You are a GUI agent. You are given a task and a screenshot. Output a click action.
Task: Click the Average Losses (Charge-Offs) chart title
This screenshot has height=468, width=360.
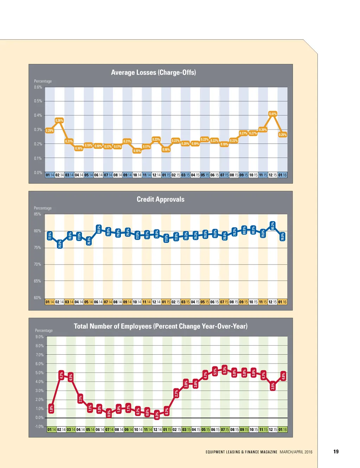(153, 72)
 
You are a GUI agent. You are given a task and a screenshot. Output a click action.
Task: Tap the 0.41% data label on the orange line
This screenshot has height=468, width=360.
(273, 114)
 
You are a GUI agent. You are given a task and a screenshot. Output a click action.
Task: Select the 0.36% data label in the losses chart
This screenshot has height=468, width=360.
(59, 120)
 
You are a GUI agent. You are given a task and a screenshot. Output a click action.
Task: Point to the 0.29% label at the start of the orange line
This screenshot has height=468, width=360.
(50, 131)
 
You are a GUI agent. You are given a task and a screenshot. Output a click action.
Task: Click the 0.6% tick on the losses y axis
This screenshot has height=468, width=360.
(38, 87)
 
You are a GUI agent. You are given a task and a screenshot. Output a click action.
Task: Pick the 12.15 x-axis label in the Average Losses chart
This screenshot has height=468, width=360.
(273, 175)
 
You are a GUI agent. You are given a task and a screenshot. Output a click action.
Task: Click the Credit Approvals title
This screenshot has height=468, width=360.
(160, 199)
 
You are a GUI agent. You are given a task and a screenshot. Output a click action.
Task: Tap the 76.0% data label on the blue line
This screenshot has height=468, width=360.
(60, 244)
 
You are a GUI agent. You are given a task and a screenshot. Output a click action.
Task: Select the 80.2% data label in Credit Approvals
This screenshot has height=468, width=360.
(273, 226)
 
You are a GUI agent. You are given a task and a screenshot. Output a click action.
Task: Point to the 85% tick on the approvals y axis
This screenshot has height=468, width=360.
(37, 214)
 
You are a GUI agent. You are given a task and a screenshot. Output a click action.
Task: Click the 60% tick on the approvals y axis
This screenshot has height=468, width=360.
(37, 298)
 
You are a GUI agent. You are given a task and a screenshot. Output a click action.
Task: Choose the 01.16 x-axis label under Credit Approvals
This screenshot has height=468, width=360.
(282, 302)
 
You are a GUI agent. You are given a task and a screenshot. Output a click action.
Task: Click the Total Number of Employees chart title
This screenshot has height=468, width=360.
(160, 326)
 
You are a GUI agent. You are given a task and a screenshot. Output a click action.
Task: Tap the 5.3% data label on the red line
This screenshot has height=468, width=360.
(225, 370)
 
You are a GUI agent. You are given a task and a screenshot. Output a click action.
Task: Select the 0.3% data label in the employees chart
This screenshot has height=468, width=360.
(157, 415)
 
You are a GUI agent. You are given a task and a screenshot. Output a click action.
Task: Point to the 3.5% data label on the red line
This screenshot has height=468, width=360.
(273, 386)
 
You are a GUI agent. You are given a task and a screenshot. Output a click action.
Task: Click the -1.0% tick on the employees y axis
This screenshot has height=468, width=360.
(39, 426)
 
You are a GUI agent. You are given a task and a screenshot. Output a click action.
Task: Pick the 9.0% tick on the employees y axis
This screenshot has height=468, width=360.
(39, 337)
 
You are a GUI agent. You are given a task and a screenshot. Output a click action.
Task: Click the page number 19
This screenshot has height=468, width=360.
(336, 451)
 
